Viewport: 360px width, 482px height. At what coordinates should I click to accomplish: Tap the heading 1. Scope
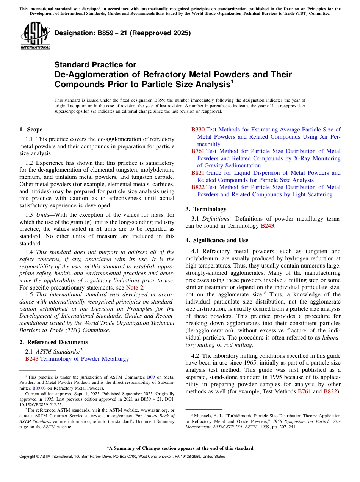(31, 130)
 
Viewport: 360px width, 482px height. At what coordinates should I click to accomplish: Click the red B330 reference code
(198, 130)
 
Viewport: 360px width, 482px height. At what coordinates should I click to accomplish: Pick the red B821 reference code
(198, 173)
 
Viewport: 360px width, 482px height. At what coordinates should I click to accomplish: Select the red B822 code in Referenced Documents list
(198, 187)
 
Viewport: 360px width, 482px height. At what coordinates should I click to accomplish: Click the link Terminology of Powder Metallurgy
(85, 359)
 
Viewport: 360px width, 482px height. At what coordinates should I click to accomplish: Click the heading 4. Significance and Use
(217, 240)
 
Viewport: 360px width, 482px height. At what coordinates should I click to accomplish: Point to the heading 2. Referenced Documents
(54, 342)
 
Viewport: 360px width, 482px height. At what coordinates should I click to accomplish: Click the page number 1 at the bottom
(180, 465)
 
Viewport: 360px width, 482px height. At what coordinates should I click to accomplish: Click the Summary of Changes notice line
(180, 448)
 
